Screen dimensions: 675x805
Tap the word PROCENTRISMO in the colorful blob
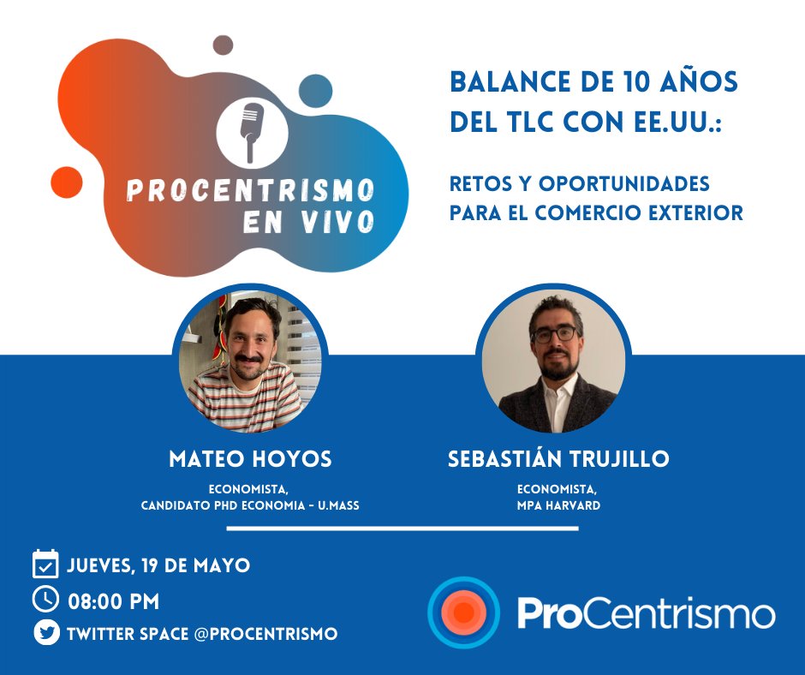[x=251, y=189]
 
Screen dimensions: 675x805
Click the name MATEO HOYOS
[x=250, y=459]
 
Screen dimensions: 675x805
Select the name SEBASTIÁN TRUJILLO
[x=558, y=459]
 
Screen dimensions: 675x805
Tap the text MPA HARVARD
[x=558, y=505]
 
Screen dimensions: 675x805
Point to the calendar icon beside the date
[x=45, y=565]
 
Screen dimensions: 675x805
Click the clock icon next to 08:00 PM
[x=45, y=600]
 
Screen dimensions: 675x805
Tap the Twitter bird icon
[x=45, y=634]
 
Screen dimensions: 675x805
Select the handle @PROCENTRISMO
[x=266, y=634]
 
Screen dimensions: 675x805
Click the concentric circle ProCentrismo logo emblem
[x=463, y=613]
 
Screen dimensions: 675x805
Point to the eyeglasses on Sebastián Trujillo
[x=554, y=336]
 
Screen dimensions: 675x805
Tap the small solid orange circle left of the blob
[x=66, y=182]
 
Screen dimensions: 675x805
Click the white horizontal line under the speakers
[x=402, y=529]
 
